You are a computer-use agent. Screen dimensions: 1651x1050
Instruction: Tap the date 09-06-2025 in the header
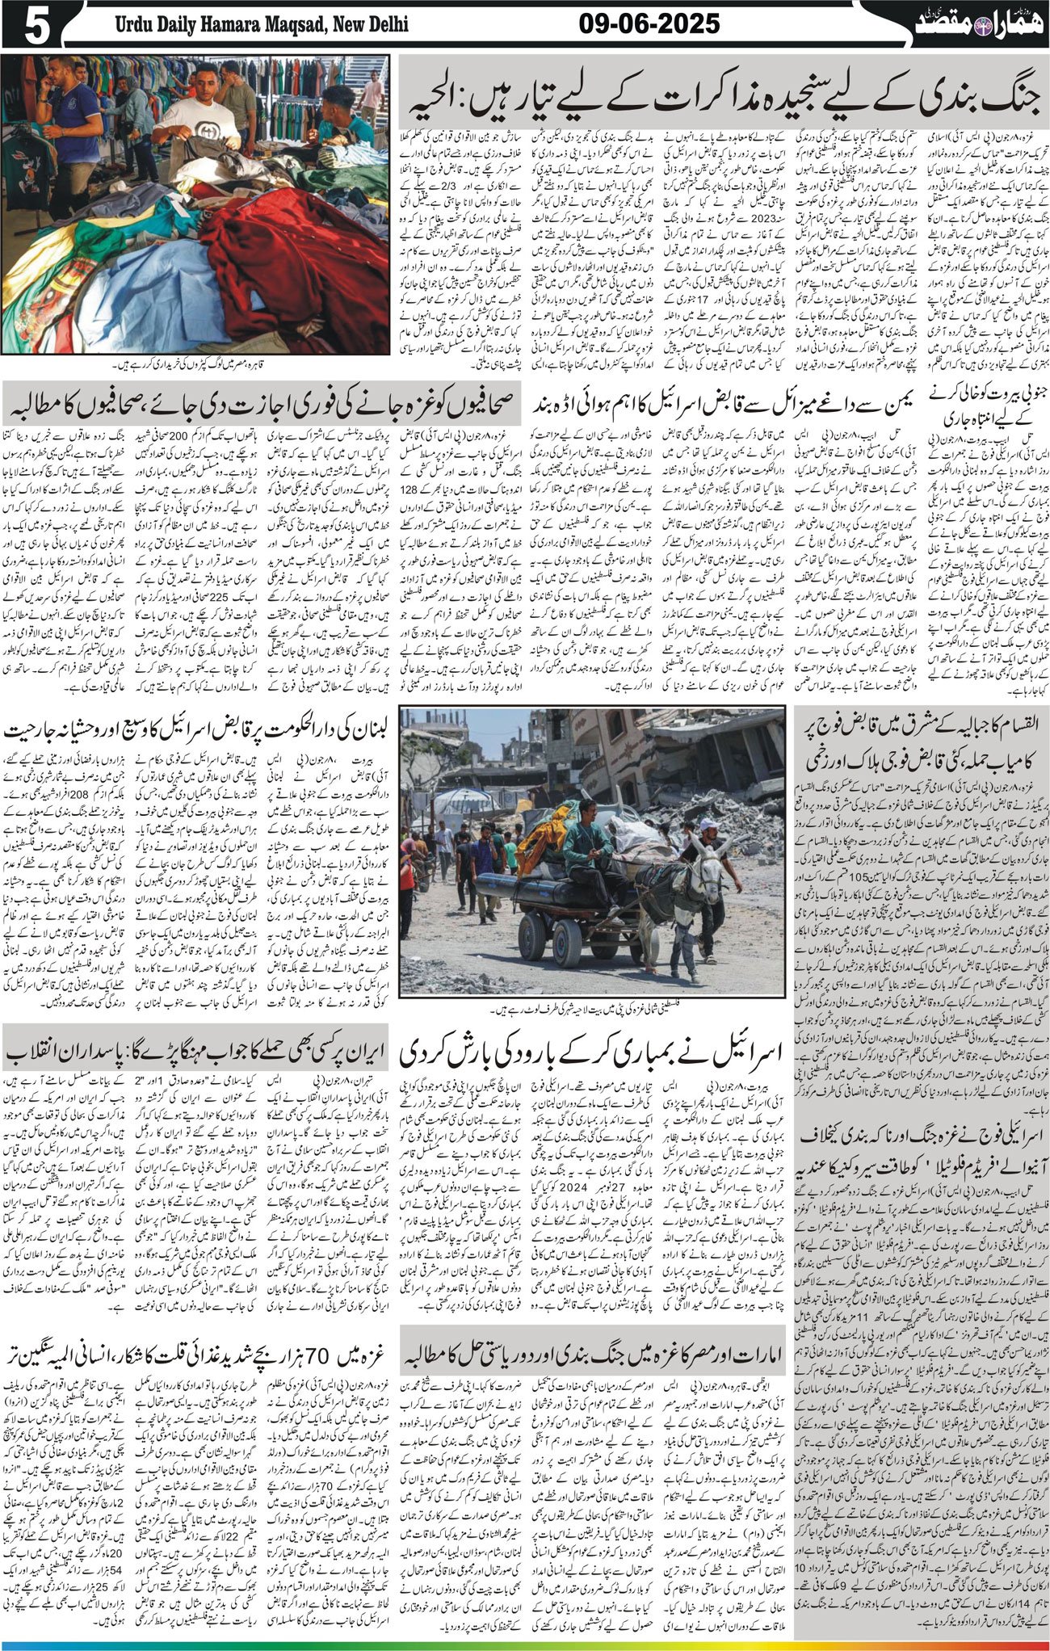point(649,25)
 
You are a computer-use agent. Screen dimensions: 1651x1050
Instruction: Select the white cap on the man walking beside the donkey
point(708,824)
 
